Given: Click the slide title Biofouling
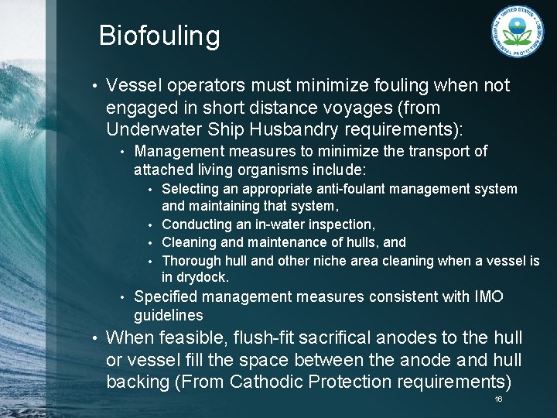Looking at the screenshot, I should point(159,36).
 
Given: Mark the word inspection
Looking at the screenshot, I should point(340,224).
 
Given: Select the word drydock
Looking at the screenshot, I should point(203,277).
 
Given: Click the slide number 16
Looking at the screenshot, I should point(498,399).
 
